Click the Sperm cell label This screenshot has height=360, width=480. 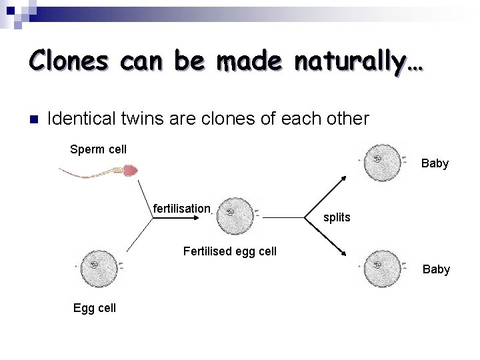(98, 149)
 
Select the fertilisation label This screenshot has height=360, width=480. (181, 209)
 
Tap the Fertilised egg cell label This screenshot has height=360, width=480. (229, 251)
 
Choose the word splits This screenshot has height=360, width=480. (337, 217)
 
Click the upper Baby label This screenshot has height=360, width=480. (435, 163)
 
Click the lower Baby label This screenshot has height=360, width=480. (436, 269)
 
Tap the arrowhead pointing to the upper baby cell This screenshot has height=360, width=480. (342, 178)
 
